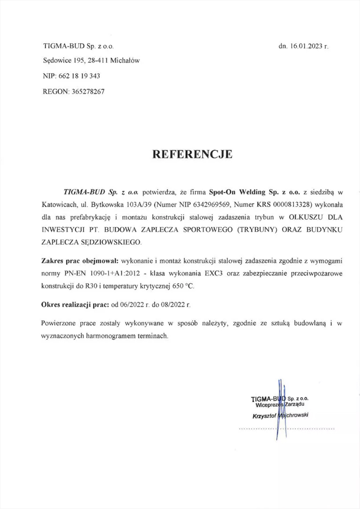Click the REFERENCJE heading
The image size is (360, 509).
click(192, 154)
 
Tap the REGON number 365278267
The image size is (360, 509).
click(87, 91)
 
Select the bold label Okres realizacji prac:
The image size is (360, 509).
click(75, 305)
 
